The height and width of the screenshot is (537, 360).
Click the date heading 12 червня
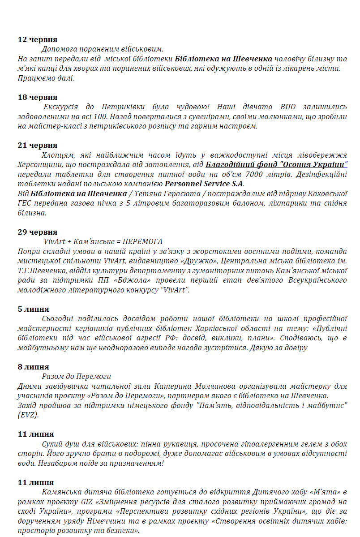click(x=38, y=39)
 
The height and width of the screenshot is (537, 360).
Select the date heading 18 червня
click(x=38, y=97)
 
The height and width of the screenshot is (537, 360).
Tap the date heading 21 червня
click(x=38, y=146)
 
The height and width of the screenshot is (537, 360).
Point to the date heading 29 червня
click(x=38, y=232)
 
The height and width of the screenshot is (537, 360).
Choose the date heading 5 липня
click(x=34, y=309)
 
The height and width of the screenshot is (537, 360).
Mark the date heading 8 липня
click(x=34, y=367)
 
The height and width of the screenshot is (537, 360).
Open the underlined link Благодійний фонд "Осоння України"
click(x=276, y=165)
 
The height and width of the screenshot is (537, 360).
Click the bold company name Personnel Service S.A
click(x=204, y=184)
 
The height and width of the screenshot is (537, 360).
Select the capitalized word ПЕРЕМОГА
click(x=142, y=242)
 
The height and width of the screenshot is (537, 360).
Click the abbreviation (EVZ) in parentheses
click(x=29, y=415)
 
